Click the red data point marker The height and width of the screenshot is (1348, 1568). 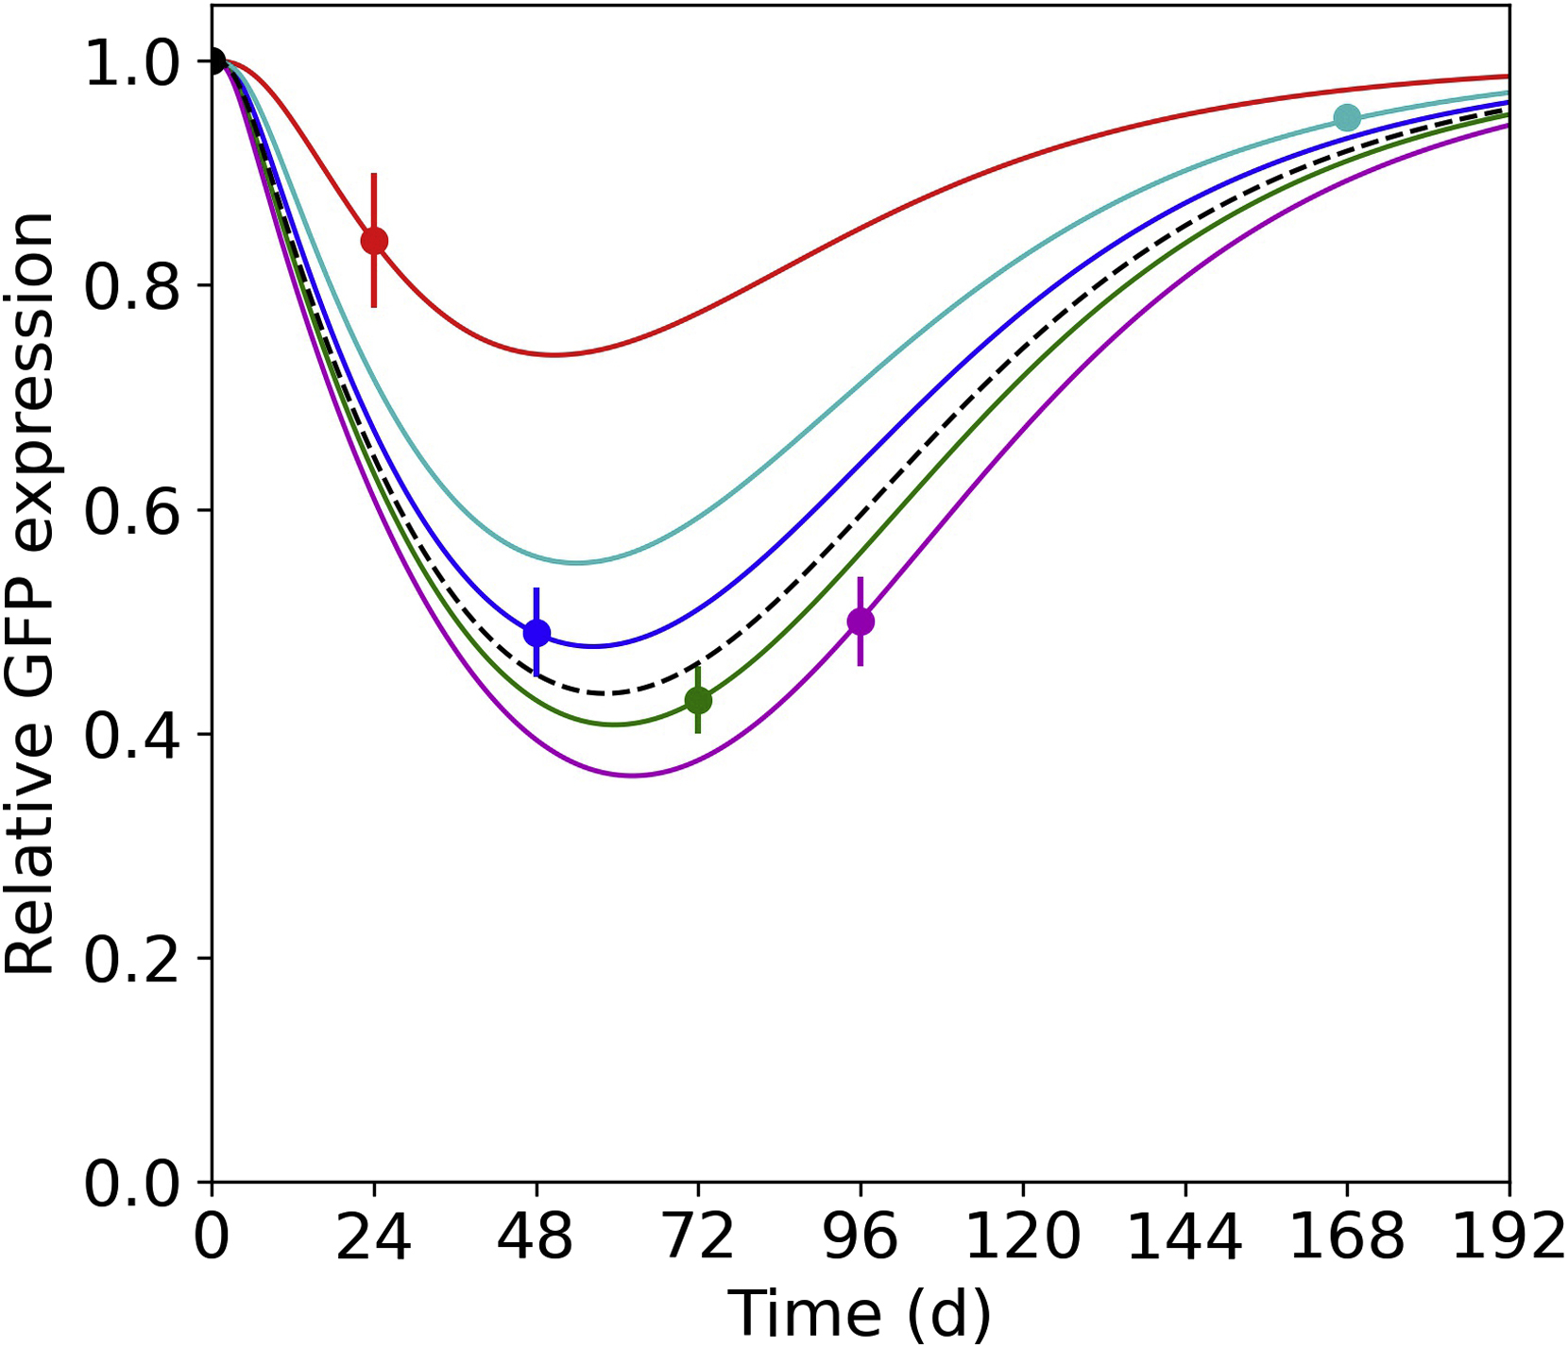pyautogui.click(x=374, y=241)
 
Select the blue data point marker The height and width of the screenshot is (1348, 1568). pyautogui.click(x=537, y=633)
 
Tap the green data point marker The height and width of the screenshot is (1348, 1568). pyautogui.click(x=698, y=700)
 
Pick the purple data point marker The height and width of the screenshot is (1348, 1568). pyautogui.click(x=861, y=622)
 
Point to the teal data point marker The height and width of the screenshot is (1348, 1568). pyautogui.click(x=1347, y=118)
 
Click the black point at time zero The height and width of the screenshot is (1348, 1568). pyautogui.click(x=214, y=61)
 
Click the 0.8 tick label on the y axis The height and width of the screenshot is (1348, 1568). pyautogui.click(x=132, y=286)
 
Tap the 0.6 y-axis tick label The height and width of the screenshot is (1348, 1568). pyautogui.click(x=132, y=510)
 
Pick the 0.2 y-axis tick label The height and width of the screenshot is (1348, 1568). pyautogui.click(x=132, y=959)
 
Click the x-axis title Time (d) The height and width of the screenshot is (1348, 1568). pyautogui.click(x=859, y=1314)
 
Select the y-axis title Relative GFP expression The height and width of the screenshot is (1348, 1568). pyautogui.click(x=30, y=592)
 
